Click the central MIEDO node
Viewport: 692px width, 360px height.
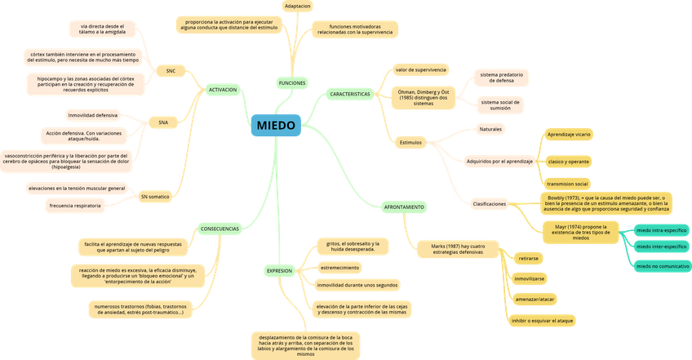coord(277,125)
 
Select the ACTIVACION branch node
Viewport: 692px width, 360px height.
coord(223,89)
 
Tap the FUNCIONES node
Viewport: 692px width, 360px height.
coord(292,83)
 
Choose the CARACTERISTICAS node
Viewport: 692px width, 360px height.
coord(350,95)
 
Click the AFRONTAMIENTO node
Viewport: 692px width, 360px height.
coord(404,207)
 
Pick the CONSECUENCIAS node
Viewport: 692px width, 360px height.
coord(220,229)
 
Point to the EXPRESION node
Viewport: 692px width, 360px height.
coord(279,270)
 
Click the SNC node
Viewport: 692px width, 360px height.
coord(171,71)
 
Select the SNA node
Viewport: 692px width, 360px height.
coord(164,122)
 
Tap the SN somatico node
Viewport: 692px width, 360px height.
coord(155,197)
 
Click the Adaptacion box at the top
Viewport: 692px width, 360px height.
coord(296,5)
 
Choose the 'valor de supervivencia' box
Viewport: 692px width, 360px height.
coord(420,70)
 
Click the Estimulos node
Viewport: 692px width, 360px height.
coord(410,142)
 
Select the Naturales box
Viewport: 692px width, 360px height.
coord(491,129)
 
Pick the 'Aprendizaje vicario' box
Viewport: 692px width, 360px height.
coord(570,133)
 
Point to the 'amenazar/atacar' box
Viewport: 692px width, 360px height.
coord(536,300)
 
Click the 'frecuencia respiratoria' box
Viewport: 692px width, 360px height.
coord(75,206)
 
